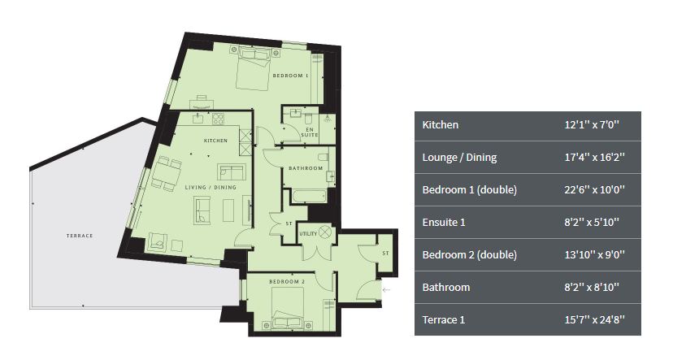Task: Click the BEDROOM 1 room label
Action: pyautogui.click(x=290, y=76)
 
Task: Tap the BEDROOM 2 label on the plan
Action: pyautogui.click(x=287, y=282)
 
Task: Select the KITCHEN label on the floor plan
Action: pyautogui.click(x=215, y=141)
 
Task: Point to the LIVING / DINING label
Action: pyautogui.click(x=211, y=188)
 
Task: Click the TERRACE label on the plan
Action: pyautogui.click(x=80, y=236)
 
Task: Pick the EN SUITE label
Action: pyautogui.click(x=310, y=132)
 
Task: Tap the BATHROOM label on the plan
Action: pyautogui.click(x=306, y=168)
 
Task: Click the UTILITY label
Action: pyautogui.click(x=308, y=234)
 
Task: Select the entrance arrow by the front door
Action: pyautogui.click(x=386, y=290)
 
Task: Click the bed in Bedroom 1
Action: pyautogui.click(x=254, y=68)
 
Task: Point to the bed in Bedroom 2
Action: pyautogui.click(x=288, y=308)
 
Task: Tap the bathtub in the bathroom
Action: pyautogui.click(x=309, y=196)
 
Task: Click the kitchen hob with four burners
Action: pyautogui.click(x=218, y=119)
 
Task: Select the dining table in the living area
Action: pyautogui.click(x=164, y=174)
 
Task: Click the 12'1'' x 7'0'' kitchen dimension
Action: pyautogui.click(x=592, y=125)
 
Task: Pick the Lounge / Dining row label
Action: pyautogui.click(x=459, y=158)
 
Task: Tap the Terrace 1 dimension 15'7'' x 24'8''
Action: pyautogui.click(x=594, y=319)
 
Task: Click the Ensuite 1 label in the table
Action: pyautogui.click(x=444, y=223)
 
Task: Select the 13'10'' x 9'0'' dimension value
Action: pyautogui.click(x=594, y=254)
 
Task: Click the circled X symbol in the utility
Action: pyautogui.click(x=325, y=232)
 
